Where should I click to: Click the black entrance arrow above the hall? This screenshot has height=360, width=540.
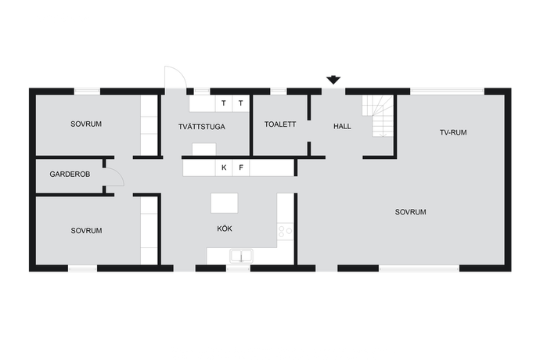click(333, 80)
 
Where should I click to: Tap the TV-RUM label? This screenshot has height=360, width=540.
click(453, 132)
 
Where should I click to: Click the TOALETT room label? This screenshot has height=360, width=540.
click(280, 124)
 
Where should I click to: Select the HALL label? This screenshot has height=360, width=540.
click(342, 127)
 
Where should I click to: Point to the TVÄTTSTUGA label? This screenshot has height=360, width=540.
click(202, 127)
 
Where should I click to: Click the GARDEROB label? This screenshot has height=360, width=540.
click(70, 175)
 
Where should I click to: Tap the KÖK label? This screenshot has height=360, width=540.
click(225, 229)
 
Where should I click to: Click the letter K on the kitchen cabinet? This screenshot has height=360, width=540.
click(224, 167)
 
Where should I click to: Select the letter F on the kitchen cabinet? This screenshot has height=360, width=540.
click(241, 167)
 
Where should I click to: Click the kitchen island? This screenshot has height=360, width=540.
click(224, 203)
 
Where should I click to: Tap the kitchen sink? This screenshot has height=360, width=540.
click(241, 256)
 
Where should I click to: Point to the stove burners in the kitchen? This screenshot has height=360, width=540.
click(285, 231)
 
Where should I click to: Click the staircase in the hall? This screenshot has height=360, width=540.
click(377, 116)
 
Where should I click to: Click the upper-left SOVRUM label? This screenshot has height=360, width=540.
click(86, 124)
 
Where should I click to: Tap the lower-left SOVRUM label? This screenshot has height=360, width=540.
click(86, 231)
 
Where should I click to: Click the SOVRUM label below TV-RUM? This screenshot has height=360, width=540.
click(411, 212)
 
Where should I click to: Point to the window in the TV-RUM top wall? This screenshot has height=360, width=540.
click(448, 92)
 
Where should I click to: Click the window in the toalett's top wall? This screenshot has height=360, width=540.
click(279, 92)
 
